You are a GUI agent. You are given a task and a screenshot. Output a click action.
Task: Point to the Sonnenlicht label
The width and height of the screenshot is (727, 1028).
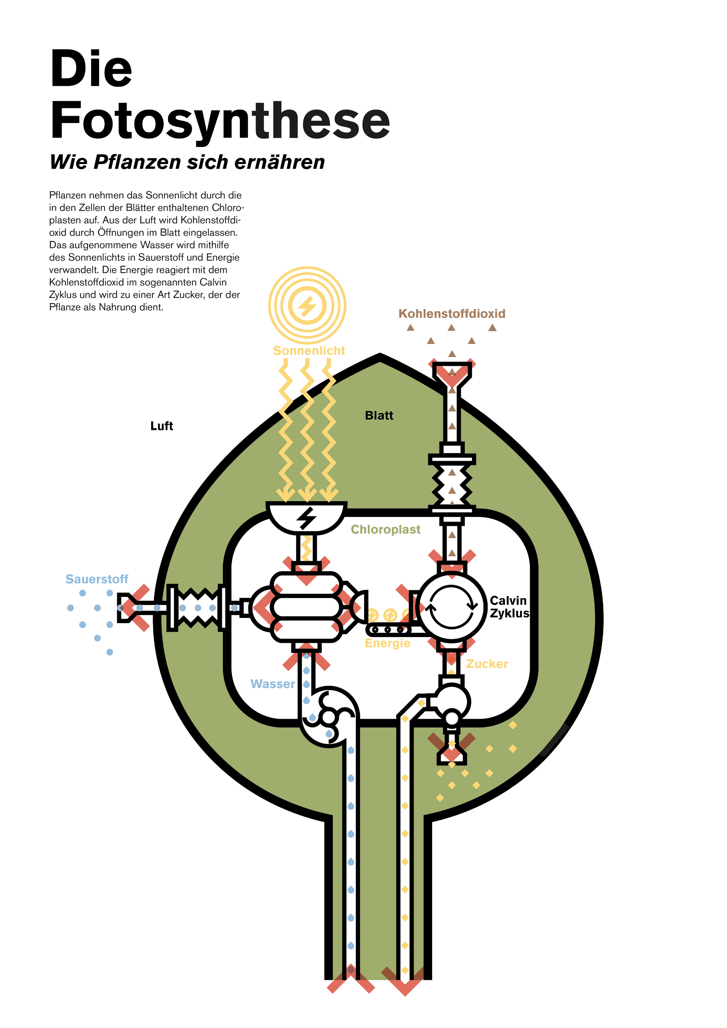click(309, 351)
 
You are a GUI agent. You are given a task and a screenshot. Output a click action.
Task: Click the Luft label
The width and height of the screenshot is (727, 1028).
click(162, 426)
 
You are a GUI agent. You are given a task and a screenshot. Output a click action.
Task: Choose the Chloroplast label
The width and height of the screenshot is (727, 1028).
click(385, 529)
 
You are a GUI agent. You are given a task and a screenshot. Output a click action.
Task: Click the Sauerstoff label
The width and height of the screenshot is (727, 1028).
click(97, 579)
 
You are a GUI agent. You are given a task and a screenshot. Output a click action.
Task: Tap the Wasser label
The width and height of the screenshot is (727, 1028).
click(273, 684)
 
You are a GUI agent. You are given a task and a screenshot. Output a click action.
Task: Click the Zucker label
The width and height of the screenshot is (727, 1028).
click(487, 664)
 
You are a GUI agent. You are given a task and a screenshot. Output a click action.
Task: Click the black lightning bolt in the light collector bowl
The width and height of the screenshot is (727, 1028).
click(307, 518)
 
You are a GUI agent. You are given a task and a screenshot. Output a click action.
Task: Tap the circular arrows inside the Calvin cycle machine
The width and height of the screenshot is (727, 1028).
click(451, 607)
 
